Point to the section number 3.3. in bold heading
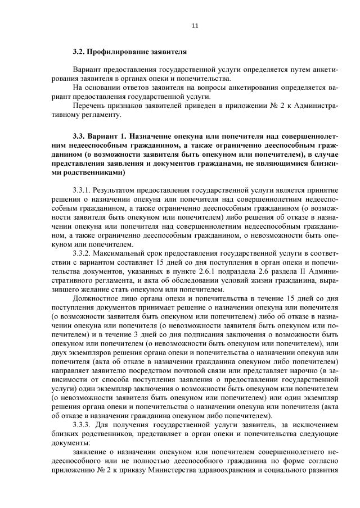[x=80, y=137]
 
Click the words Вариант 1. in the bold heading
[x=110, y=137]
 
